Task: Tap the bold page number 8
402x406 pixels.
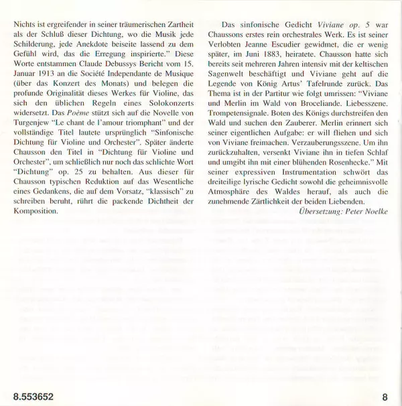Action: [x=385, y=395]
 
